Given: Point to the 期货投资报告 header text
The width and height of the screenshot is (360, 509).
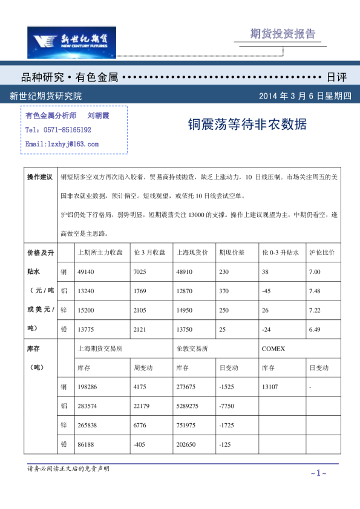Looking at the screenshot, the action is (x=283, y=34).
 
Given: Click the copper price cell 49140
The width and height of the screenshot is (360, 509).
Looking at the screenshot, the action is (x=87, y=271).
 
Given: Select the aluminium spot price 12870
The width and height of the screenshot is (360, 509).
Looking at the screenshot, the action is (x=185, y=291).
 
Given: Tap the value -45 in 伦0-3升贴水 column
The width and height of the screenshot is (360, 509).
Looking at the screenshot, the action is (x=266, y=291).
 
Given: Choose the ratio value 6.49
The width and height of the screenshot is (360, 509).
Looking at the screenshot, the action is (x=314, y=329).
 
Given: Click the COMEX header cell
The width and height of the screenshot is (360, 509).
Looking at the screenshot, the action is (x=273, y=349).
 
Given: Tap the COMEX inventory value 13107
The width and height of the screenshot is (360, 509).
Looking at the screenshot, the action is (x=270, y=387).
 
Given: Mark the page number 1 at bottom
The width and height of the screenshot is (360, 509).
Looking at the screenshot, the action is (x=318, y=473).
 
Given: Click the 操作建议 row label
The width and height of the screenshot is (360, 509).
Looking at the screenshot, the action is (x=41, y=177).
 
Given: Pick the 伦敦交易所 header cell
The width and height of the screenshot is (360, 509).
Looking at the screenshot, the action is (x=192, y=349).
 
